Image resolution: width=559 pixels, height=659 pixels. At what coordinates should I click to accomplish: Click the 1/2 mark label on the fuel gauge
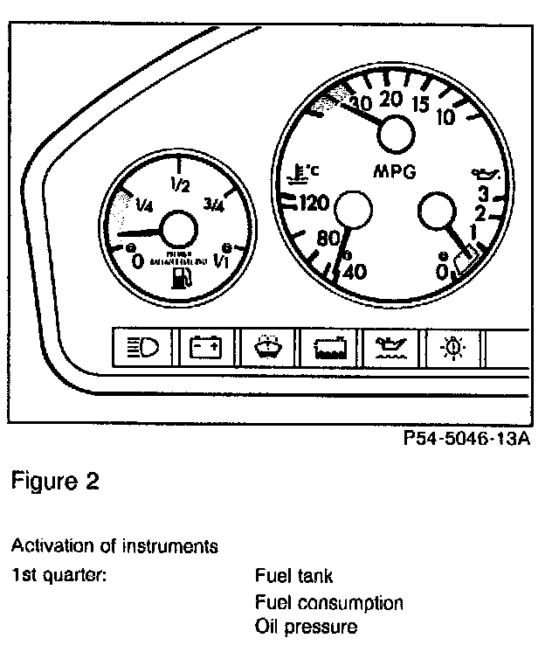[181, 184]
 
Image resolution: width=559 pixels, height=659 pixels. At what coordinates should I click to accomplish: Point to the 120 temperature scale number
[312, 205]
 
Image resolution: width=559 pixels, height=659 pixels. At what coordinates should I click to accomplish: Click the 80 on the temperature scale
[328, 238]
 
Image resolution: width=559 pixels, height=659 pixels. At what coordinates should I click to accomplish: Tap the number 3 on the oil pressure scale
[480, 194]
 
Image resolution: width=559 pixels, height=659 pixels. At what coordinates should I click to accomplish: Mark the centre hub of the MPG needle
[393, 135]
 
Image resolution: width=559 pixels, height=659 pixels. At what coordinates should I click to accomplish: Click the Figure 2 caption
[55, 482]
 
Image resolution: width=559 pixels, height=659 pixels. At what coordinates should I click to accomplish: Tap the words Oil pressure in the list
[306, 626]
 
